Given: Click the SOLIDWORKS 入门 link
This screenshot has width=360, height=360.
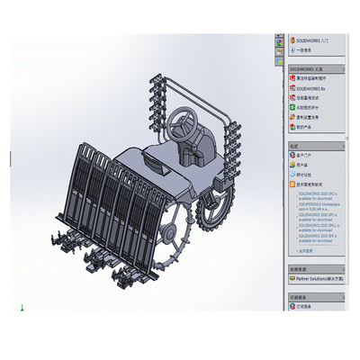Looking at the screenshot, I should click(312, 40).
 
